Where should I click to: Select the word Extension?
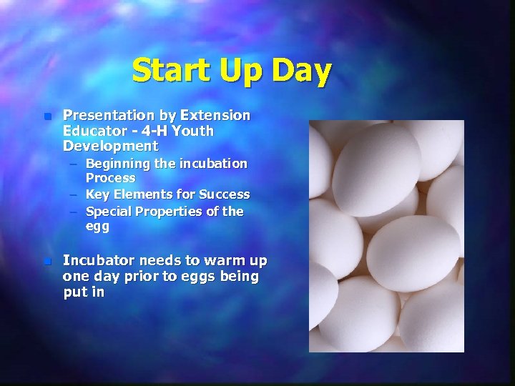pyautogui.click(x=215, y=115)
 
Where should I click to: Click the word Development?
pyautogui.click(x=110, y=147)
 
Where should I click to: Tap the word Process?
pyautogui.click(x=110, y=178)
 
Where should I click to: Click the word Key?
pyautogui.click(x=97, y=194)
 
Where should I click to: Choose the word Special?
pyautogui.click(x=108, y=212)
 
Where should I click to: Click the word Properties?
pyautogui.click(x=172, y=212)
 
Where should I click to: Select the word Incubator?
pyautogui.click(x=97, y=261)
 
